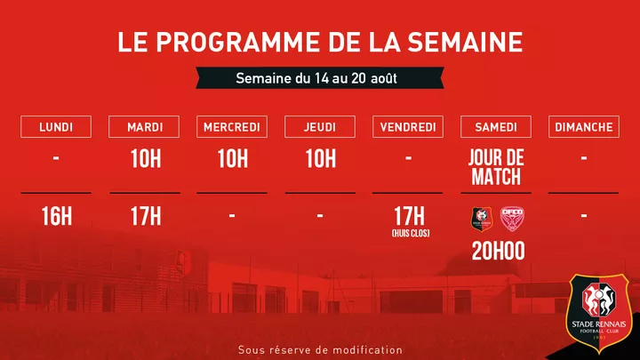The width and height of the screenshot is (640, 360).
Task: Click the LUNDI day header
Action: click(56, 127)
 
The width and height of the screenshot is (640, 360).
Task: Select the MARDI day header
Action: click(144, 127)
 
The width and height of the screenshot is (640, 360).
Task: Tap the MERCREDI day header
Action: click(232, 127)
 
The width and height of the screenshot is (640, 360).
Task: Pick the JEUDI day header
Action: click(320, 127)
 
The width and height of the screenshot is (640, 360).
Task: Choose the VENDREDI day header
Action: click(408, 127)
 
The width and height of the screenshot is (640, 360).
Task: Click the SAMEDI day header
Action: click(495, 127)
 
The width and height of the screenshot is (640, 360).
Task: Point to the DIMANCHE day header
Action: click(583, 127)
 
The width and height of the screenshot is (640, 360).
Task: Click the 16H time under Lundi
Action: click(56, 216)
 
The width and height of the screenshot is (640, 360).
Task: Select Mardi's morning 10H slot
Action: click(144, 160)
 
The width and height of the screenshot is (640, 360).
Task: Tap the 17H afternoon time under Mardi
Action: click(144, 216)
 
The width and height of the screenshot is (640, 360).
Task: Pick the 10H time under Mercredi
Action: click(232, 160)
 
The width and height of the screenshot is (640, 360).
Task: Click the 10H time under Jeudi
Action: click(320, 160)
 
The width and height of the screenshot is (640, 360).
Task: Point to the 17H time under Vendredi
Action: click(408, 214)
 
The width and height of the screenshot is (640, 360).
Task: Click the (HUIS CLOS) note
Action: click(408, 233)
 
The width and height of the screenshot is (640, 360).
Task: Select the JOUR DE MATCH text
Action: click(495, 167)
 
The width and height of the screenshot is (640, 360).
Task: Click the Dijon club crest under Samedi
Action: click(511, 219)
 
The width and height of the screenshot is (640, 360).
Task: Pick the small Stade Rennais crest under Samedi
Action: click(480, 219)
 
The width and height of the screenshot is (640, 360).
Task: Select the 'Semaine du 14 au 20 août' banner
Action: click(316, 78)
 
